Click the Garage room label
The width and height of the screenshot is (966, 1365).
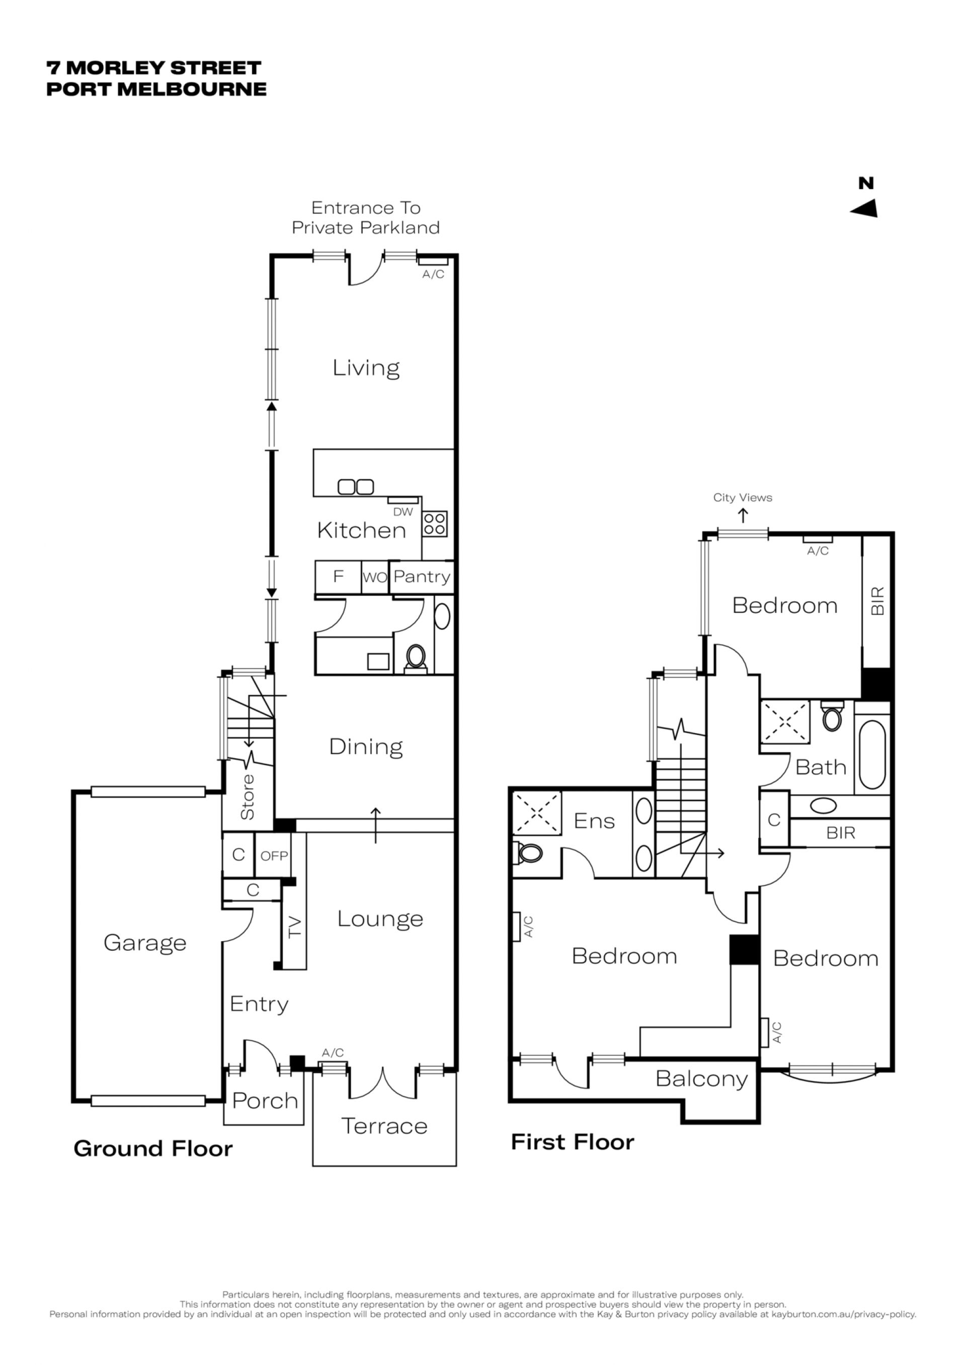click(144, 944)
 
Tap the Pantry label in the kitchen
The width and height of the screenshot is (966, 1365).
click(422, 577)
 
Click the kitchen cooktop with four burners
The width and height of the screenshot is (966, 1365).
click(435, 524)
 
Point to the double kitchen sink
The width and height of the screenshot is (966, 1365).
click(356, 487)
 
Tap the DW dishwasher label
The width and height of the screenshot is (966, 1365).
click(403, 512)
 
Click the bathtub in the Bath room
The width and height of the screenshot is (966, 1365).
click(872, 755)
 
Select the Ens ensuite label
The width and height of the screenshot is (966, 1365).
click(594, 821)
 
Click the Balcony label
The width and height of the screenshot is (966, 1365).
click(701, 1079)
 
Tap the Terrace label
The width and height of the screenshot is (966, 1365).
click(384, 1127)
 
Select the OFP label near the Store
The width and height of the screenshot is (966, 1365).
click(274, 856)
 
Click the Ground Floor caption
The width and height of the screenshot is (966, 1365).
click(153, 1149)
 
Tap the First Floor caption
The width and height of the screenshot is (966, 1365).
click(573, 1142)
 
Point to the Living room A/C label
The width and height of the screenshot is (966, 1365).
click(433, 274)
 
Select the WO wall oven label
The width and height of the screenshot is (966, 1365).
click(375, 577)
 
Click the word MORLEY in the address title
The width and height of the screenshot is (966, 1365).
click(111, 68)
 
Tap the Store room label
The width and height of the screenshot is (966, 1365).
click(248, 797)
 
